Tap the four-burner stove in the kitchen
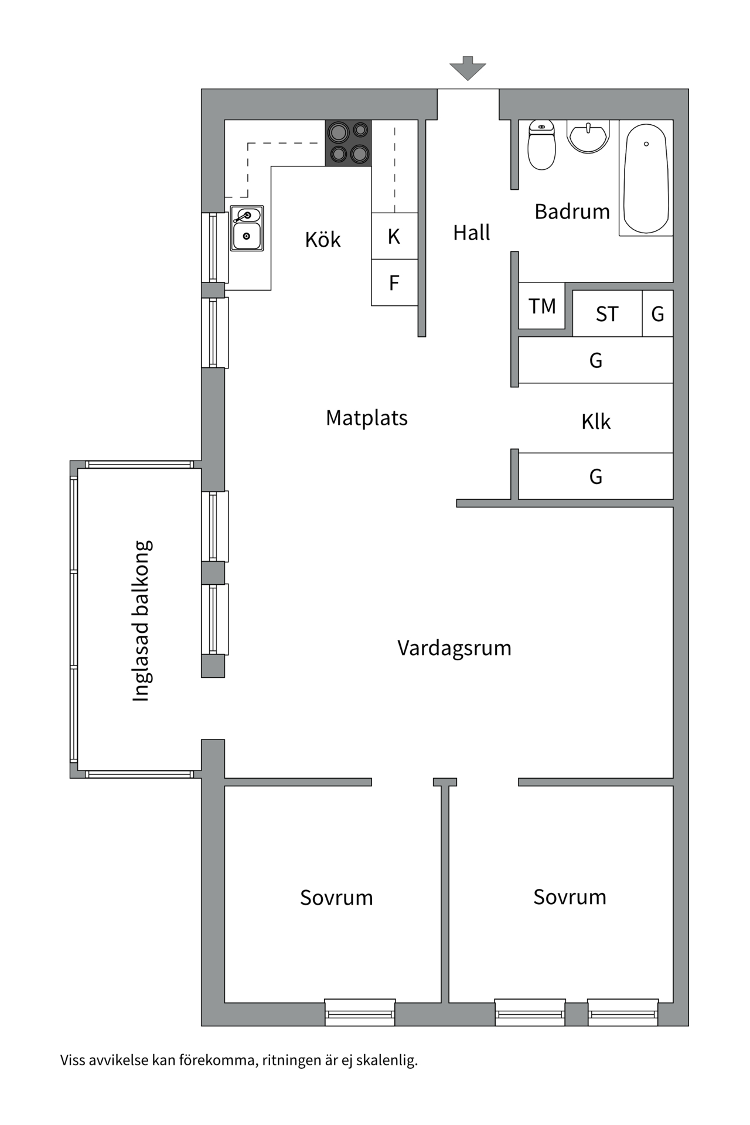click(349, 143)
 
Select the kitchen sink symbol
click(247, 229)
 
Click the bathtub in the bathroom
click(646, 178)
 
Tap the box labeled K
click(394, 236)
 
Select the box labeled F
click(394, 283)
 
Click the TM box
click(542, 306)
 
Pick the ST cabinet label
click(607, 314)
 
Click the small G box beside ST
click(657, 314)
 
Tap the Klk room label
click(596, 421)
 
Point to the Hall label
click(471, 233)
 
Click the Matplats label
click(367, 418)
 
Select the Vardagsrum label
click(454, 647)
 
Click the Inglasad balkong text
click(141, 621)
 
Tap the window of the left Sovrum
click(360, 1013)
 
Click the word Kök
click(322, 239)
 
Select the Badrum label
click(572, 211)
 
